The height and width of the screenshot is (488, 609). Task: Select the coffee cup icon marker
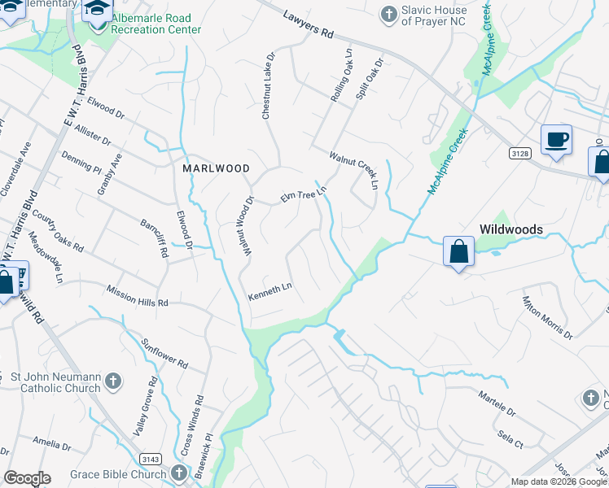tap(556, 140)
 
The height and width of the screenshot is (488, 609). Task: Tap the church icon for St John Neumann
tap(113, 380)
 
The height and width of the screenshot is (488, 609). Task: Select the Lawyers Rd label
tap(309, 24)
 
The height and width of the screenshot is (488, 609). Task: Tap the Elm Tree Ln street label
tap(303, 194)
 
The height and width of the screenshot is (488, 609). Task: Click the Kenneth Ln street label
tap(269, 291)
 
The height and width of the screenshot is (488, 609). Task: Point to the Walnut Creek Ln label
tap(354, 170)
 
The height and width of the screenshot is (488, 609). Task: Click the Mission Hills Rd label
tap(137, 296)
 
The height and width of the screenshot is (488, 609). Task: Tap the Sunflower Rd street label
tap(165, 353)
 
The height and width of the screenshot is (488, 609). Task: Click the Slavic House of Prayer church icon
tap(389, 14)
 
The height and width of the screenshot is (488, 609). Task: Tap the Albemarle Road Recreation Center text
tap(151, 24)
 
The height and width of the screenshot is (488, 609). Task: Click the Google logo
tap(27, 477)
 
